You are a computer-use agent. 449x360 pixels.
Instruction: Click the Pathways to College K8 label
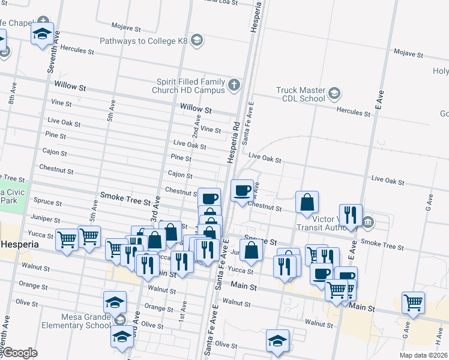[144, 41]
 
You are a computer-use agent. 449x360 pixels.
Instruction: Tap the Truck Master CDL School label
[300, 94]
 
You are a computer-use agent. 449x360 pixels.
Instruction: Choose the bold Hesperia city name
[20, 245]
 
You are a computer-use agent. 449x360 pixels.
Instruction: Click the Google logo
[19, 353]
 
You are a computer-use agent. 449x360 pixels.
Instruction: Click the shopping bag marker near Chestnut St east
[307, 203]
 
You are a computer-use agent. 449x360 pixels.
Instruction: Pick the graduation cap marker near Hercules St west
[43, 34]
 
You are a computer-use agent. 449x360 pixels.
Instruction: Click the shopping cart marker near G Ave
[414, 304]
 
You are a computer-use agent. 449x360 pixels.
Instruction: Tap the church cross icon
[234, 86]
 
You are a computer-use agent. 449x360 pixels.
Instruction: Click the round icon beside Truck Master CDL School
[334, 94]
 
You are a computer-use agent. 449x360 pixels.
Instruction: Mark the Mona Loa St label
[220, 2]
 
